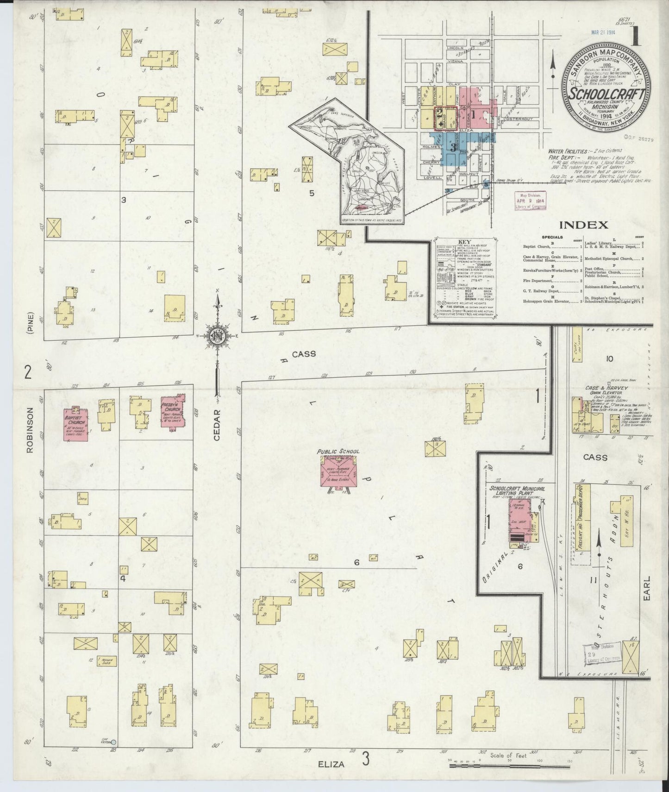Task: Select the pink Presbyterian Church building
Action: [173, 411]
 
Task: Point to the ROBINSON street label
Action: [31, 430]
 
